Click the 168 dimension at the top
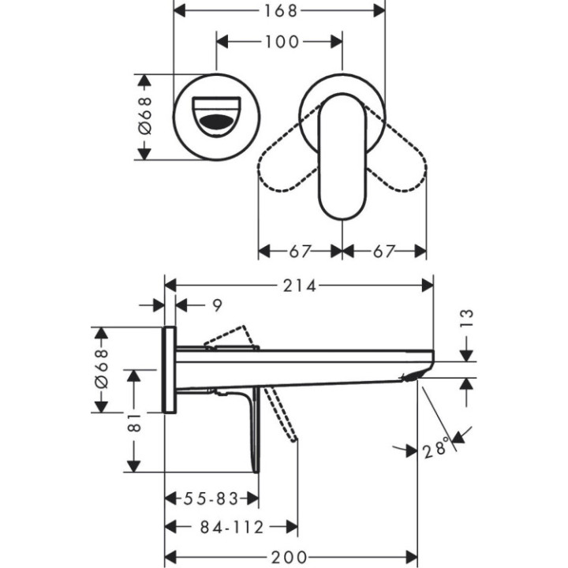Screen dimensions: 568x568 pos(279,11)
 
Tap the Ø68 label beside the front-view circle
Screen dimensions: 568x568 pos(144,117)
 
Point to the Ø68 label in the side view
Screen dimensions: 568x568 pos(100,369)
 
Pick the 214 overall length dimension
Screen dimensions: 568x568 pos(300,286)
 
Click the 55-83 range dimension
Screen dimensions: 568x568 pos(211,499)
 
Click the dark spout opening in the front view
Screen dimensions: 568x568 pos(216,123)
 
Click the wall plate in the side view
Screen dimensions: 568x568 pos(169,369)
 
